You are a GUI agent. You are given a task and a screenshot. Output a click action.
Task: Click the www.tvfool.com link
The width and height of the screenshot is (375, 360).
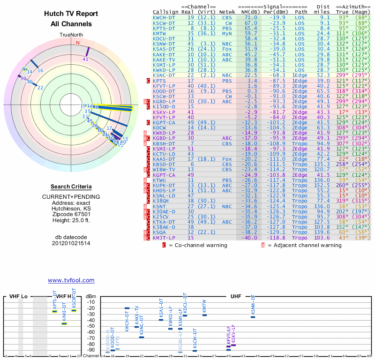point(71,280)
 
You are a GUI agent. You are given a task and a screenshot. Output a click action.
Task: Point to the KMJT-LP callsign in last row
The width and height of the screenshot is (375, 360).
point(165,238)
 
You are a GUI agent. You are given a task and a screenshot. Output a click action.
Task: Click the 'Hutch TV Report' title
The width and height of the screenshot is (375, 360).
point(71,14)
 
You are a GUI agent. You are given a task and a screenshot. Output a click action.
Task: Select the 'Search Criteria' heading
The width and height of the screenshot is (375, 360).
point(71,187)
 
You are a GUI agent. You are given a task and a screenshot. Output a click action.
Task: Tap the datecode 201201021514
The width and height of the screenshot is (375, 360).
point(71,243)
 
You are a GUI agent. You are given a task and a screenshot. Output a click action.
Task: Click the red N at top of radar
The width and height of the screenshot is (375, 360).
point(78,43)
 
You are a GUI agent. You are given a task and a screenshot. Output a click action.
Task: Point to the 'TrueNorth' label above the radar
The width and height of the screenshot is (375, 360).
point(71,35)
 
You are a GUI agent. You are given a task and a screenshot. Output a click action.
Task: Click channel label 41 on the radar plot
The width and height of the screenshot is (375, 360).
point(85,60)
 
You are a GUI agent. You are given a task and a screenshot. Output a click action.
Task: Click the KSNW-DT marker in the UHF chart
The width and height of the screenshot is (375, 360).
point(253,317)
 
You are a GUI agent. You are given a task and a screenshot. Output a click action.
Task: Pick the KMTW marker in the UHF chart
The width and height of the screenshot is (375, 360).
point(204,315)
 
